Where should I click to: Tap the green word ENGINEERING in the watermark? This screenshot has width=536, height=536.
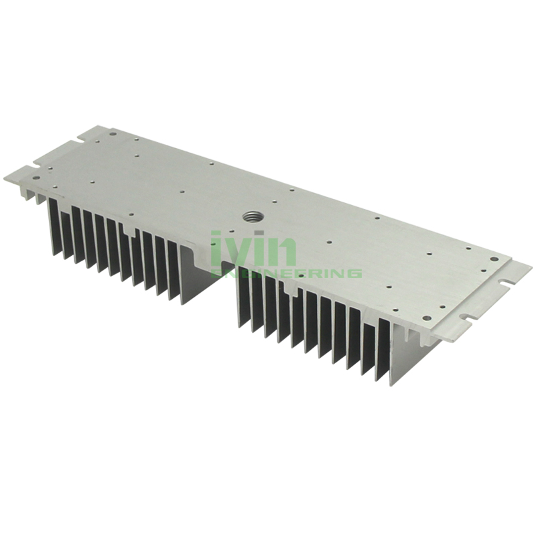pyautogui.click(x=287, y=273)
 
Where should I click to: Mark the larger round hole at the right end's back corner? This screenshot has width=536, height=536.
pyautogui.click(x=493, y=258)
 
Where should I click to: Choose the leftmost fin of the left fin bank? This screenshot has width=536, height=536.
pyautogui.click(x=50, y=228)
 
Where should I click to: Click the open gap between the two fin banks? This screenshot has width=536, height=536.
pyautogui.click(x=208, y=281)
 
